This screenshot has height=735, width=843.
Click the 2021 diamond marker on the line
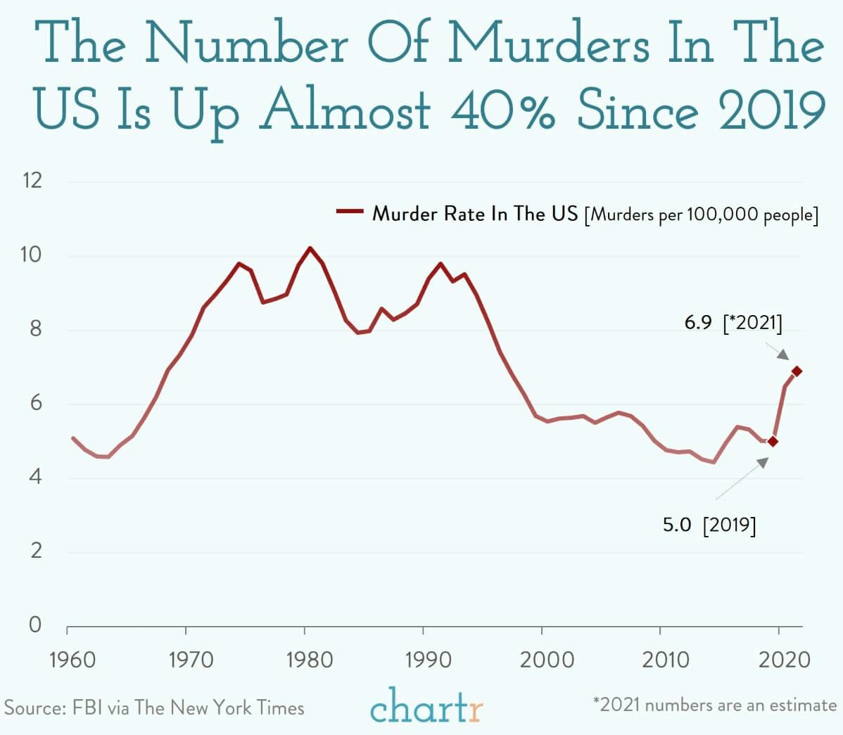click(797, 371)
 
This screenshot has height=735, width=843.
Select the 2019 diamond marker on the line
click(773, 442)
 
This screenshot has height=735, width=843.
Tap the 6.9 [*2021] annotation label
click(733, 324)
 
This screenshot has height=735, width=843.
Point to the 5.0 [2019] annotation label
click(709, 525)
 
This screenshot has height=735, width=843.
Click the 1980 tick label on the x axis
click(310, 660)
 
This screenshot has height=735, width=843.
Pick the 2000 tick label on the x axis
click(547, 660)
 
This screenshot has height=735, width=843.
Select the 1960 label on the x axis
click(72, 660)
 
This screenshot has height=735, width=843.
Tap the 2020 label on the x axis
click(784, 660)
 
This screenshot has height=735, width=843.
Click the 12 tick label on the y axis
click(32, 181)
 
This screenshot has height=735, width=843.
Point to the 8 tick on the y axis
click(35, 329)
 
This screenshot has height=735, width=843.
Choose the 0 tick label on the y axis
click(35, 625)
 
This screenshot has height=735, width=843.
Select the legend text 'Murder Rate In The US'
click(474, 213)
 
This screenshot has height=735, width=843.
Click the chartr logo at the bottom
click(426, 708)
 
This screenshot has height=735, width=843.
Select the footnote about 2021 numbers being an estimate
click(715, 705)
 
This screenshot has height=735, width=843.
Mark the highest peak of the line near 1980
click(310, 248)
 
